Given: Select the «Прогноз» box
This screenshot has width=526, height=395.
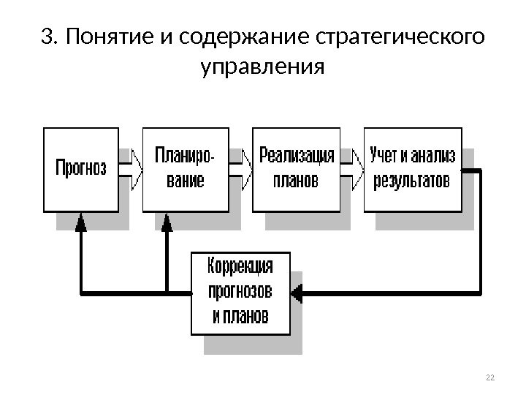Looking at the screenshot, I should coord(81,169).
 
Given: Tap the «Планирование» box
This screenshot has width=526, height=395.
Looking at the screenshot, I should coord(185,169).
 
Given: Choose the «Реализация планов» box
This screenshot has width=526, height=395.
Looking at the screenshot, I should coord(296,169).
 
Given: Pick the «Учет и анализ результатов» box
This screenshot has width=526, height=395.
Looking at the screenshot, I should coord(412,169).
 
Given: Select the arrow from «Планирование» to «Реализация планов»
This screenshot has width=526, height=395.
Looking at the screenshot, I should coord(240,169).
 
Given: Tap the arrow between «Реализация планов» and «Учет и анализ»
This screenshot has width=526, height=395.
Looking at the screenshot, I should coord(352,169).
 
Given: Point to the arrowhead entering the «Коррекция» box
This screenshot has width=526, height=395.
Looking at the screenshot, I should coord(297,294).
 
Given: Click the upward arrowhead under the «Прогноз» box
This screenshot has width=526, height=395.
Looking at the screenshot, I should coord(80,222).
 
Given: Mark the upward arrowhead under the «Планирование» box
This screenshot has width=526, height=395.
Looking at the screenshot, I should coord(167,222).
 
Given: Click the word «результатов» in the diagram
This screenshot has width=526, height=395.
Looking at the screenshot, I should coord(412,180).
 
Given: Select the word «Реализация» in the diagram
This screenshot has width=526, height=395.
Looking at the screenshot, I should coord(297,157).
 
